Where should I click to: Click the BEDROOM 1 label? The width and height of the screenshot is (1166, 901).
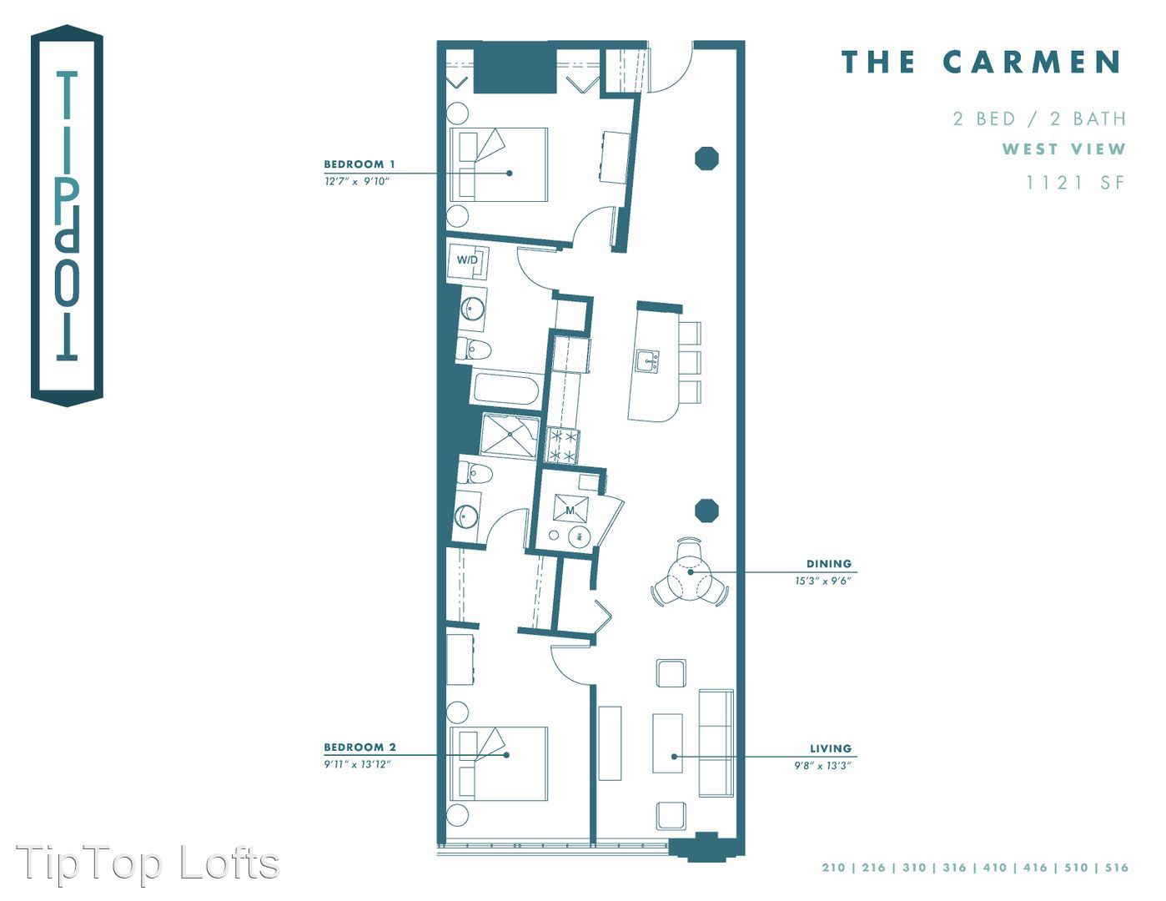pyautogui.click(x=359, y=164)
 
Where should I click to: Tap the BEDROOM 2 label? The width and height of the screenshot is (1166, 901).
pyautogui.click(x=359, y=747)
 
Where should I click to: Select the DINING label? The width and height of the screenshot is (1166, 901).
pyautogui.click(x=828, y=564)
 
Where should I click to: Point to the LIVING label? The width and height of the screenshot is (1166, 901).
pyautogui.click(x=831, y=748)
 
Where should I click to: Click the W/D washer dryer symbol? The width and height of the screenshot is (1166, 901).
pyautogui.click(x=467, y=260)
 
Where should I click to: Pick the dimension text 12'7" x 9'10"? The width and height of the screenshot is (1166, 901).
pyautogui.click(x=356, y=181)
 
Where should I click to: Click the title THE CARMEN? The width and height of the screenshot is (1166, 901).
pyautogui.click(x=982, y=62)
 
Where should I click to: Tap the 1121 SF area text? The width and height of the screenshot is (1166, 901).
pyautogui.click(x=1075, y=183)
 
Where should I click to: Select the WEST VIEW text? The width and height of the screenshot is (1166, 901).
pyautogui.click(x=1063, y=148)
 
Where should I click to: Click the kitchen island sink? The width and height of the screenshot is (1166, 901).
pyautogui.click(x=647, y=360)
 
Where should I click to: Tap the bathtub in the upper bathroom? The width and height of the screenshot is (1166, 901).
pyautogui.click(x=506, y=389)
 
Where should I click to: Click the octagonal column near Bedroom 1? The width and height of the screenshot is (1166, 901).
pyautogui.click(x=706, y=159)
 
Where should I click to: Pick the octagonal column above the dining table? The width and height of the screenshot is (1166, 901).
pyautogui.click(x=706, y=511)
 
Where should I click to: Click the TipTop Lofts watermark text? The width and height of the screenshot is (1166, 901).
pyautogui.click(x=148, y=863)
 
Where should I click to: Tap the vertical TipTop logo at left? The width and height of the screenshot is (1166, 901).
pyautogui.click(x=67, y=216)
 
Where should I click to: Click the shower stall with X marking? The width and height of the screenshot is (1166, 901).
pyautogui.click(x=510, y=436)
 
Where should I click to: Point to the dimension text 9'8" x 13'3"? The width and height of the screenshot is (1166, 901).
pyautogui.click(x=822, y=766)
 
